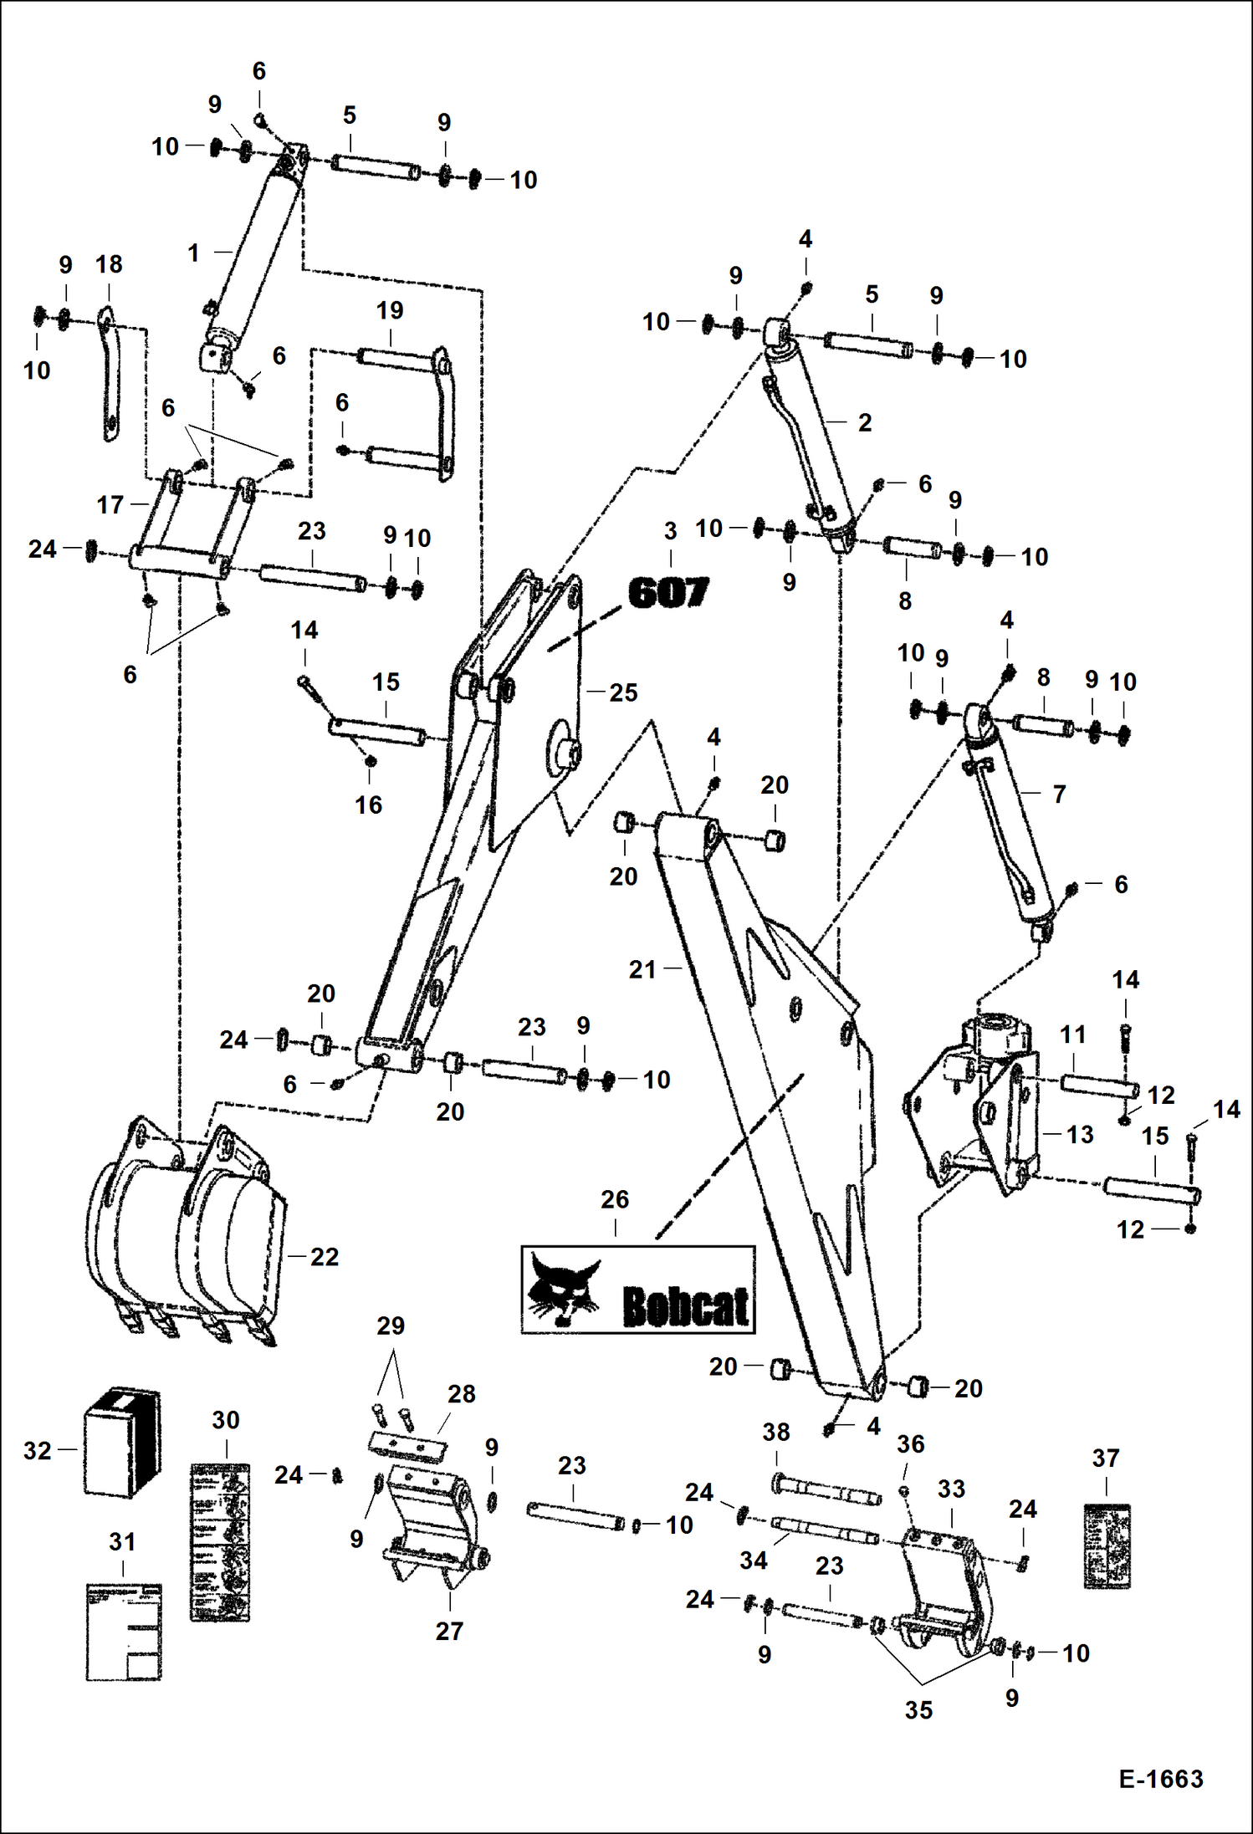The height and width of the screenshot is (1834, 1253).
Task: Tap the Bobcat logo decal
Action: click(638, 1290)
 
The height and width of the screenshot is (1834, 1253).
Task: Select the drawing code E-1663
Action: click(1161, 1778)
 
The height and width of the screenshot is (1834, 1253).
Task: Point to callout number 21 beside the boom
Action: click(642, 969)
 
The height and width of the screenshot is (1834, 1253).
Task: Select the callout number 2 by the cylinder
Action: click(865, 422)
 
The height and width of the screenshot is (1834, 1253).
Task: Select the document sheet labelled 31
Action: click(124, 1631)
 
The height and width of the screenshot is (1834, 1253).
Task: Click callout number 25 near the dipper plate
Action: click(623, 692)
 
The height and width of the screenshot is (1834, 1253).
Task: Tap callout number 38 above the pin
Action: click(775, 1432)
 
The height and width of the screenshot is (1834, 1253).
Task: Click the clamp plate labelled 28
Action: click(407, 1445)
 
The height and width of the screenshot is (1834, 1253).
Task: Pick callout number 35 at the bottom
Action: click(918, 1710)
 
